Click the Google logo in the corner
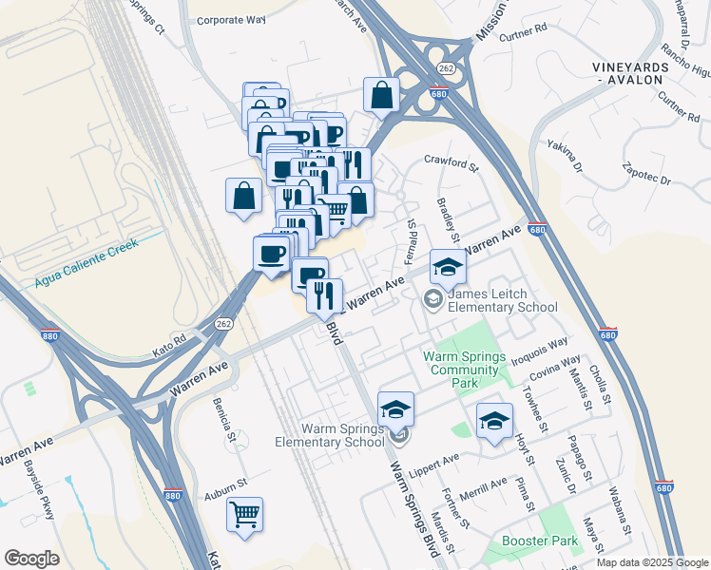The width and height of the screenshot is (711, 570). (x=31, y=559)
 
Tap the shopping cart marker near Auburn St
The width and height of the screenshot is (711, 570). (x=244, y=515)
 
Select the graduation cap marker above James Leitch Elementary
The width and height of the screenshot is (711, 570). (x=448, y=267)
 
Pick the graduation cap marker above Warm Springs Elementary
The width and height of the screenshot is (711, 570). (x=395, y=409)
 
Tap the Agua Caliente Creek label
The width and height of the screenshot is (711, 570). (x=86, y=263)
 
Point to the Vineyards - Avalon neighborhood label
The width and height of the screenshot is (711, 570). (x=625, y=73)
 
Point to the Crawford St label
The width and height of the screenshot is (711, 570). (x=450, y=162)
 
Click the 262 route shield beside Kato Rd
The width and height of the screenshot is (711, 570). (x=224, y=324)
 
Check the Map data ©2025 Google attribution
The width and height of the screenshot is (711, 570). (x=651, y=561)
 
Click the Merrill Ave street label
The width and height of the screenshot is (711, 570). (x=482, y=488)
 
